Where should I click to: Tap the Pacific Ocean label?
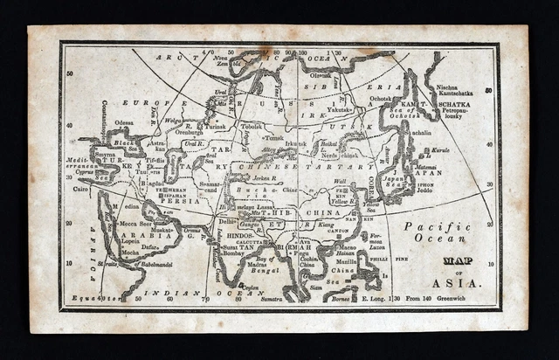(x=436, y=232)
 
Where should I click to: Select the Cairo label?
(x=80, y=187)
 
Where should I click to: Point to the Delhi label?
(x=226, y=221)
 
